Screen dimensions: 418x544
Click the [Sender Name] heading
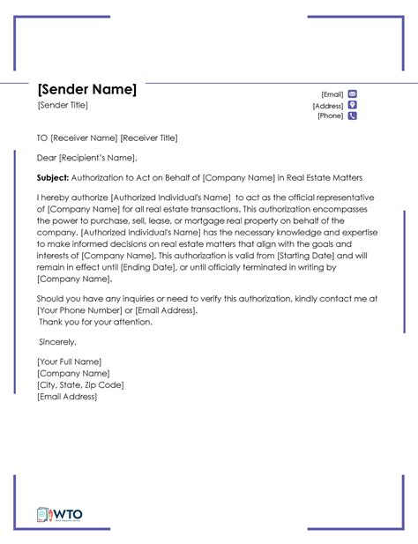click(x=86, y=90)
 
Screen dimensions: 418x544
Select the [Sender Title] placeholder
click(x=63, y=106)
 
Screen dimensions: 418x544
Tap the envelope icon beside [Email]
click(x=353, y=93)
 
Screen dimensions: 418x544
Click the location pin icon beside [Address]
click(x=353, y=104)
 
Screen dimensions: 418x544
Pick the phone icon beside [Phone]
click(x=353, y=116)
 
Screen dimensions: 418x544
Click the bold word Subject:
click(x=55, y=177)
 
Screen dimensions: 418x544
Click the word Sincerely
click(x=57, y=341)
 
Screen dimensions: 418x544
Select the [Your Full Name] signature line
click(x=69, y=361)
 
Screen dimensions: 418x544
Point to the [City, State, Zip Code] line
click(x=80, y=384)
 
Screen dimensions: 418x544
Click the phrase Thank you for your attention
click(x=95, y=322)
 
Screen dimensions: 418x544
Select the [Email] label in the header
click(x=332, y=93)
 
